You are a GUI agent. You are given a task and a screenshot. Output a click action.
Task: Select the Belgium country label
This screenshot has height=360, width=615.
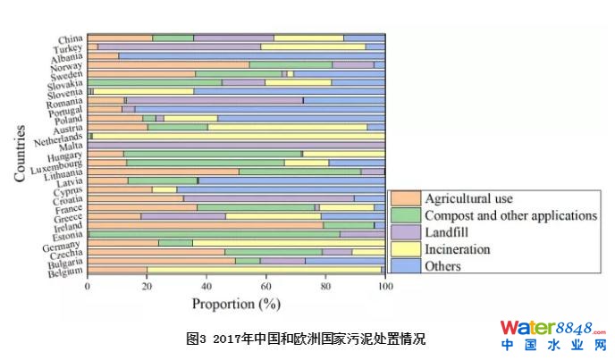pos(65,272)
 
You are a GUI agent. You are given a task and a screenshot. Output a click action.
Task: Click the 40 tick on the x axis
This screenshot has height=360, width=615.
pos(206,287)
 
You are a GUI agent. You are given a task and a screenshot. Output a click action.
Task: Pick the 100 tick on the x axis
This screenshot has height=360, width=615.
pos(384,287)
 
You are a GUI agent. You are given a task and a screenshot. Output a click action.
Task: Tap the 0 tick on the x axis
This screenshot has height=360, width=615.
pos(88,287)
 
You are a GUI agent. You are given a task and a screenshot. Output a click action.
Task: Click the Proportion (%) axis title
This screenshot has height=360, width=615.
pos(236,304)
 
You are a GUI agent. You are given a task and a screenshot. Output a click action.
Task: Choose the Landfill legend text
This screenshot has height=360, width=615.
pos(449,232)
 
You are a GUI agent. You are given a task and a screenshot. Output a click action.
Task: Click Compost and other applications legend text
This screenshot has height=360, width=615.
pos(510,215)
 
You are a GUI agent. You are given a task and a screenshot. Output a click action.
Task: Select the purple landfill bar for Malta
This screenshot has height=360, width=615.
pos(237,144)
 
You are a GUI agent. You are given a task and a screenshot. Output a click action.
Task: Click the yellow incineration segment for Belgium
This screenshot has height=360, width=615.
pos(264,269)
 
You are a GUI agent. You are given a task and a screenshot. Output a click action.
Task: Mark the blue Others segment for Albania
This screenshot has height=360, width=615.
pos(251,55)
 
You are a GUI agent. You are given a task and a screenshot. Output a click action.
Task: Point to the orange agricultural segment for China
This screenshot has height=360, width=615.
pos(120,38)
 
